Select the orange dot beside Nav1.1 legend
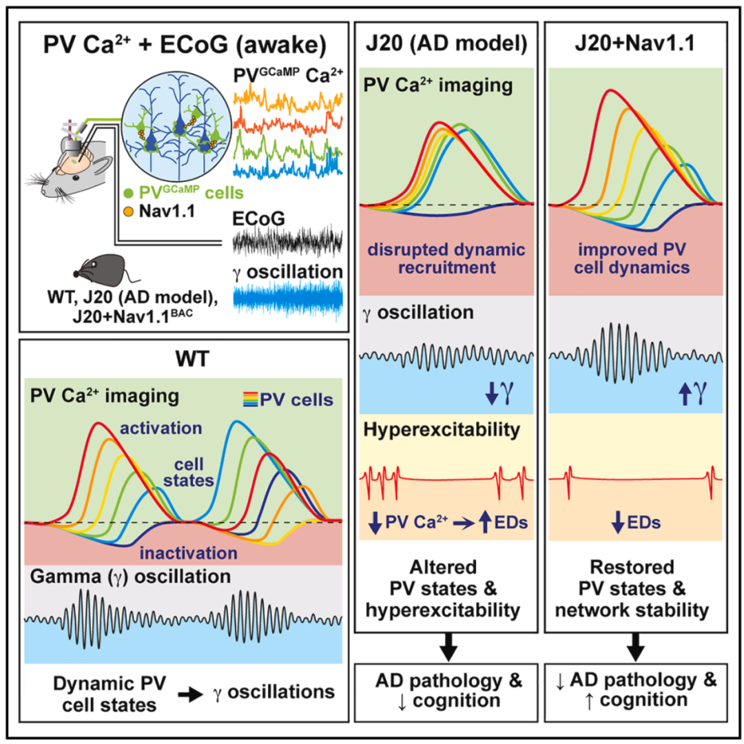click(128, 211)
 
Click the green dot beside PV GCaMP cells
click(128, 193)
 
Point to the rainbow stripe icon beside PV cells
click(250, 400)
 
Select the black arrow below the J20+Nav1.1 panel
click(635, 647)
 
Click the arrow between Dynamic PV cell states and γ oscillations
click(191, 695)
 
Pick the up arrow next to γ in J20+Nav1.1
click(684, 393)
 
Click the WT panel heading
click(192, 359)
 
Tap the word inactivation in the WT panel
click(188, 552)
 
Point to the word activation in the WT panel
click(161, 428)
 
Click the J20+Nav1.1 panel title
click(635, 43)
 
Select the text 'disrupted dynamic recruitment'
click(446, 258)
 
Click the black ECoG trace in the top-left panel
click(287, 242)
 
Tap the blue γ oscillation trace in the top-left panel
click(287, 300)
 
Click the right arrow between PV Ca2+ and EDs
click(464, 523)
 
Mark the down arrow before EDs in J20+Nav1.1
click(617, 522)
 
